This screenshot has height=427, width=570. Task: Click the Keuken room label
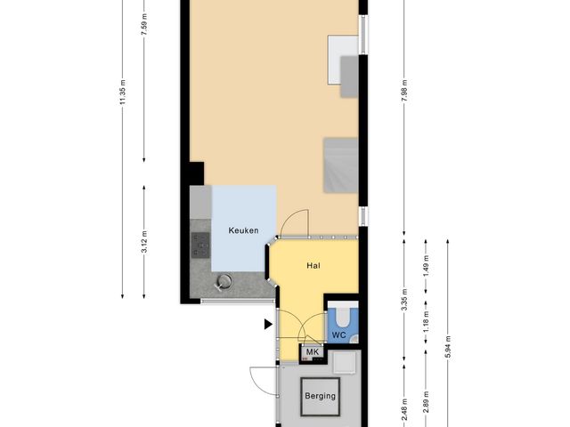coord(243,230)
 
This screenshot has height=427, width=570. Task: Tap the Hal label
coord(313,265)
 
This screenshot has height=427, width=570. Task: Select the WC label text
coord(338,334)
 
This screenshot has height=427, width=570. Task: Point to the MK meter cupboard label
coord(311,353)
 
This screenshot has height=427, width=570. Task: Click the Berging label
coord(321,396)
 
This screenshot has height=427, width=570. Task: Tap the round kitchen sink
coord(224,281)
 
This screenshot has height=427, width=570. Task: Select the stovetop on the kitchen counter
coord(199,244)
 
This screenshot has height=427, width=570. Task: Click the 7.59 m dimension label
coord(144,20)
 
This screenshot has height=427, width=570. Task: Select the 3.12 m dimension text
coord(144,241)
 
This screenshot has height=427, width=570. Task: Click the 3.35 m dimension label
coord(404,302)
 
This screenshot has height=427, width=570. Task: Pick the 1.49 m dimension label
coord(427,264)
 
